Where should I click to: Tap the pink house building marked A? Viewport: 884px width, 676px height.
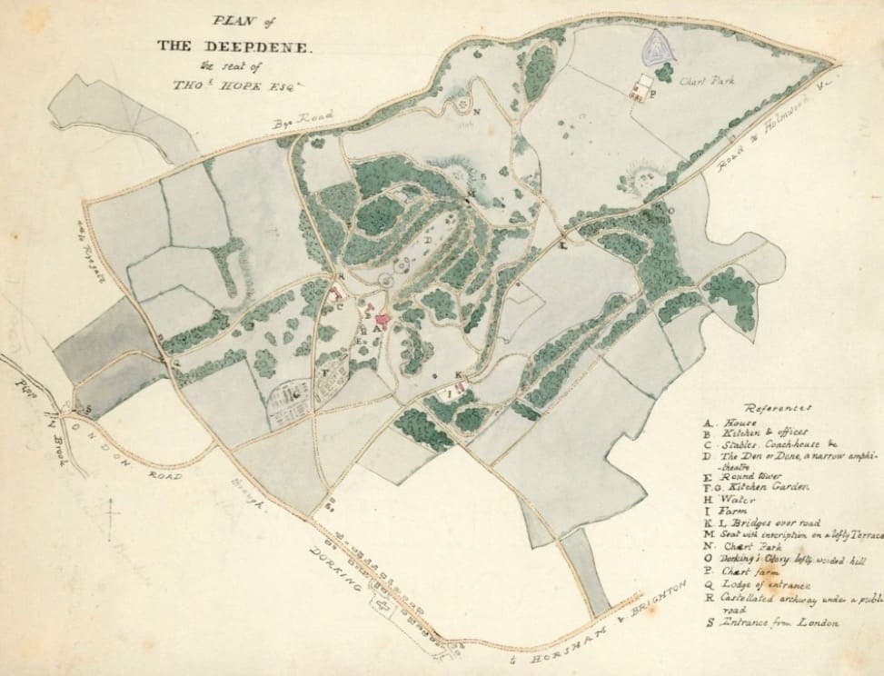tap(382, 321)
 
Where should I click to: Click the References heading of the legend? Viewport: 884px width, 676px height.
tap(778, 408)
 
